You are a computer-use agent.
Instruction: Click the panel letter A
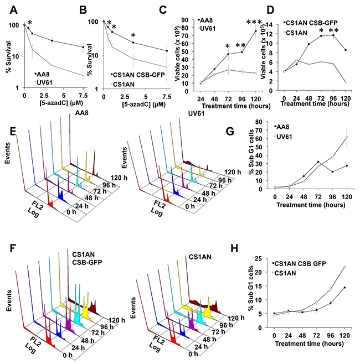click(x=10, y=9)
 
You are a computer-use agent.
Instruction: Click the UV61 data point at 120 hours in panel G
click(x=346, y=138)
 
